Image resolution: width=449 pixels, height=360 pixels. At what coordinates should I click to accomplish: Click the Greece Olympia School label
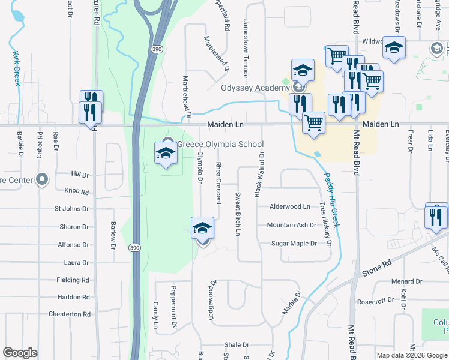(220, 144)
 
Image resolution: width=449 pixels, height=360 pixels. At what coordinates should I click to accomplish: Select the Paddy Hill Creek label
(332, 200)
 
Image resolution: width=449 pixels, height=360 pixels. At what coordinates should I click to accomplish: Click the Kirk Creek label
(16, 68)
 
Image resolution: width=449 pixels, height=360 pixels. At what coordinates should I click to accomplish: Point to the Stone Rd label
(376, 268)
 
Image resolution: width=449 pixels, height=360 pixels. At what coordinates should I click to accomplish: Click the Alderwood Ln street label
(289, 206)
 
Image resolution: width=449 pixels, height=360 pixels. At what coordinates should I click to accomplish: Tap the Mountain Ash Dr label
(291, 225)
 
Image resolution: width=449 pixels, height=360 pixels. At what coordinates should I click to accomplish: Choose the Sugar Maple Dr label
(294, 244)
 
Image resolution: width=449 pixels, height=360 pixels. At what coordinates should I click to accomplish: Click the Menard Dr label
(407, 281)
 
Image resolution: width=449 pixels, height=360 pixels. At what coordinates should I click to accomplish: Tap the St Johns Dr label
(71, 209)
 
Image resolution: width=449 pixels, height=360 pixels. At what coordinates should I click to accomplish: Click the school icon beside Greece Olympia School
(166, 153)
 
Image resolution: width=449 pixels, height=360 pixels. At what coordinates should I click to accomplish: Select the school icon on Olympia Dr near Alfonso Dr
(203, 229)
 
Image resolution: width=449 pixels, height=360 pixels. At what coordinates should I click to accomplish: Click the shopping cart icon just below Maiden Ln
(313, 123)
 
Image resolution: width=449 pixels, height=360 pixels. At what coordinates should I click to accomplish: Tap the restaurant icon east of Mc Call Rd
(436, 217)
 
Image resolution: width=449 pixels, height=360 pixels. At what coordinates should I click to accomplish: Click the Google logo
(20, 353)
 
